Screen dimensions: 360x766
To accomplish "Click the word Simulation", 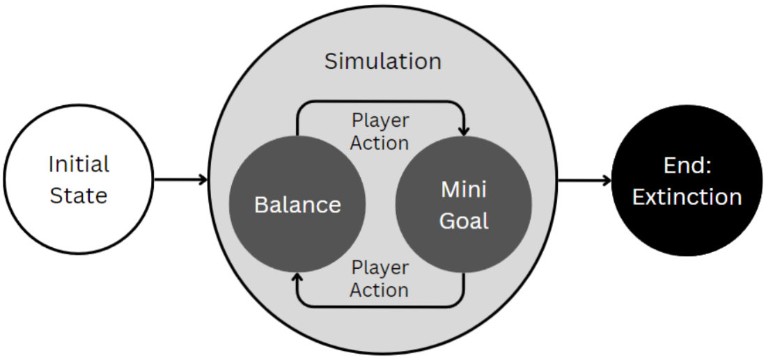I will coord(382,61).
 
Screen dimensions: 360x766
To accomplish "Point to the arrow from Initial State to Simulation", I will coord(180,180).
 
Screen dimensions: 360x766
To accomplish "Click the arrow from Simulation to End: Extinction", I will coord(584,180).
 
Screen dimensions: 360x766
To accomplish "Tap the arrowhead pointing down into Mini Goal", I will coord(464,130).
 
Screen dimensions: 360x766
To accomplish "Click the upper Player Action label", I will coord(380,132).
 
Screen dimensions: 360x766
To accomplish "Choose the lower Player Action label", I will coord(380,279).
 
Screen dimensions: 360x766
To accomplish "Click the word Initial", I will coord(79,165).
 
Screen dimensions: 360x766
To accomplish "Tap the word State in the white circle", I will coord(79,196).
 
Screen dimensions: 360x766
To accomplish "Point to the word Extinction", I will coord(687,197).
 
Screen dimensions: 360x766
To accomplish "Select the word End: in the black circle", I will coord(687,167).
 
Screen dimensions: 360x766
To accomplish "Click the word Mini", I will coord(464,189).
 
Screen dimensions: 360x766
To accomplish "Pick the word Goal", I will coord(464,221).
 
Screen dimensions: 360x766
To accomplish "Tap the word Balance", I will coord(297,205).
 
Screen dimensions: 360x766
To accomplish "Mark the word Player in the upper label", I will coord(380,120).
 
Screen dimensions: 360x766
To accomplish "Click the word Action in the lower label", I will coord(380,290).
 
